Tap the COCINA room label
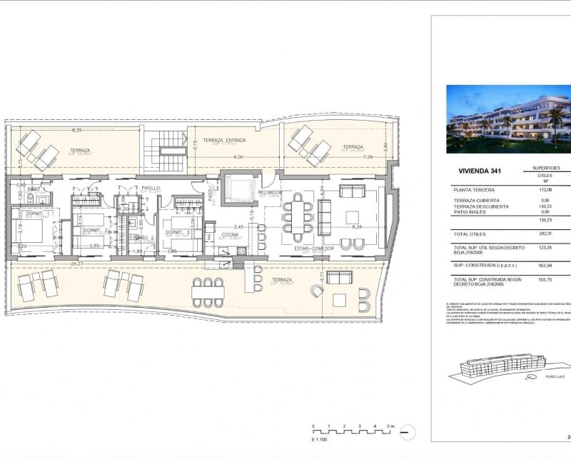tap(229, 234)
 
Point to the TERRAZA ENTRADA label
tap(224, 140)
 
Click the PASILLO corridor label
tap(150, 189)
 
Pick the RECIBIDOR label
tap(271, 193)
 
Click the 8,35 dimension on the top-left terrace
tap(76, 130)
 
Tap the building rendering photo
tap(508, 119)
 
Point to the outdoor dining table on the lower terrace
tap(208, 292)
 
